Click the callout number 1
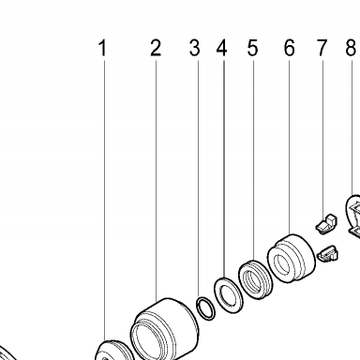coord(102,48)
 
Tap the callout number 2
coord(156,48)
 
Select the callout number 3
coord(194,48)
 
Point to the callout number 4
coord(221,48)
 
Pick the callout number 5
coord(252,48)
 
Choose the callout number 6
coord(289,48)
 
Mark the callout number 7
coord(322,48)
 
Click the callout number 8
coord(351,48)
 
